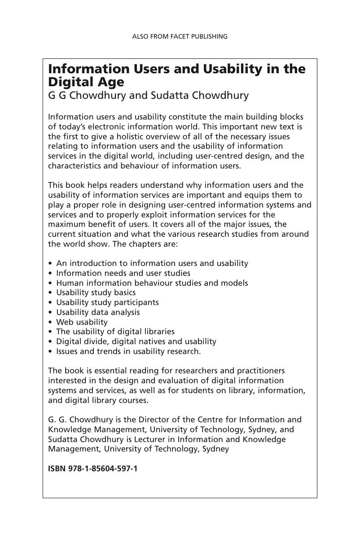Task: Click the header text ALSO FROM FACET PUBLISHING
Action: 180,36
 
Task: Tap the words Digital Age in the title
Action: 86,83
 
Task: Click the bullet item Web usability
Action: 82,322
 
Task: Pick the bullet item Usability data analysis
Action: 98,312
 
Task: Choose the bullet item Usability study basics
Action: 96,292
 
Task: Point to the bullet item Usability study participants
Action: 107,302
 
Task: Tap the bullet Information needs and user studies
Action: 123,273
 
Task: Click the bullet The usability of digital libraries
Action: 115,332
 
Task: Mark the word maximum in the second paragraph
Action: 65,224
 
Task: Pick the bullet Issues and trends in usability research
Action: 128,351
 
